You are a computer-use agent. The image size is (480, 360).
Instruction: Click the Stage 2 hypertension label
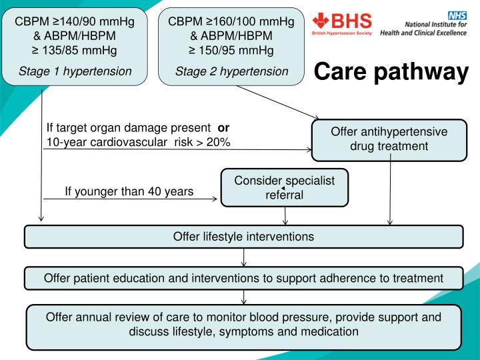231,71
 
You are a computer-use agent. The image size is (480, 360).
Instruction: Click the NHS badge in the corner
459,14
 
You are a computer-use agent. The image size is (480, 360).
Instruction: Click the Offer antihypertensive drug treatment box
389,139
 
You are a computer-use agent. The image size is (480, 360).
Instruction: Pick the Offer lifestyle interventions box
243,236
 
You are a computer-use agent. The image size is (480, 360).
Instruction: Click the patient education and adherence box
243,277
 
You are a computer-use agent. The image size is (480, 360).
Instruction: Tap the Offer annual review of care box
243,324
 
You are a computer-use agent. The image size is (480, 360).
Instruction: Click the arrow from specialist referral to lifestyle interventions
286,215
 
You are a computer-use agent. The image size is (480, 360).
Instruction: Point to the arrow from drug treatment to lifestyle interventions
390,193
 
